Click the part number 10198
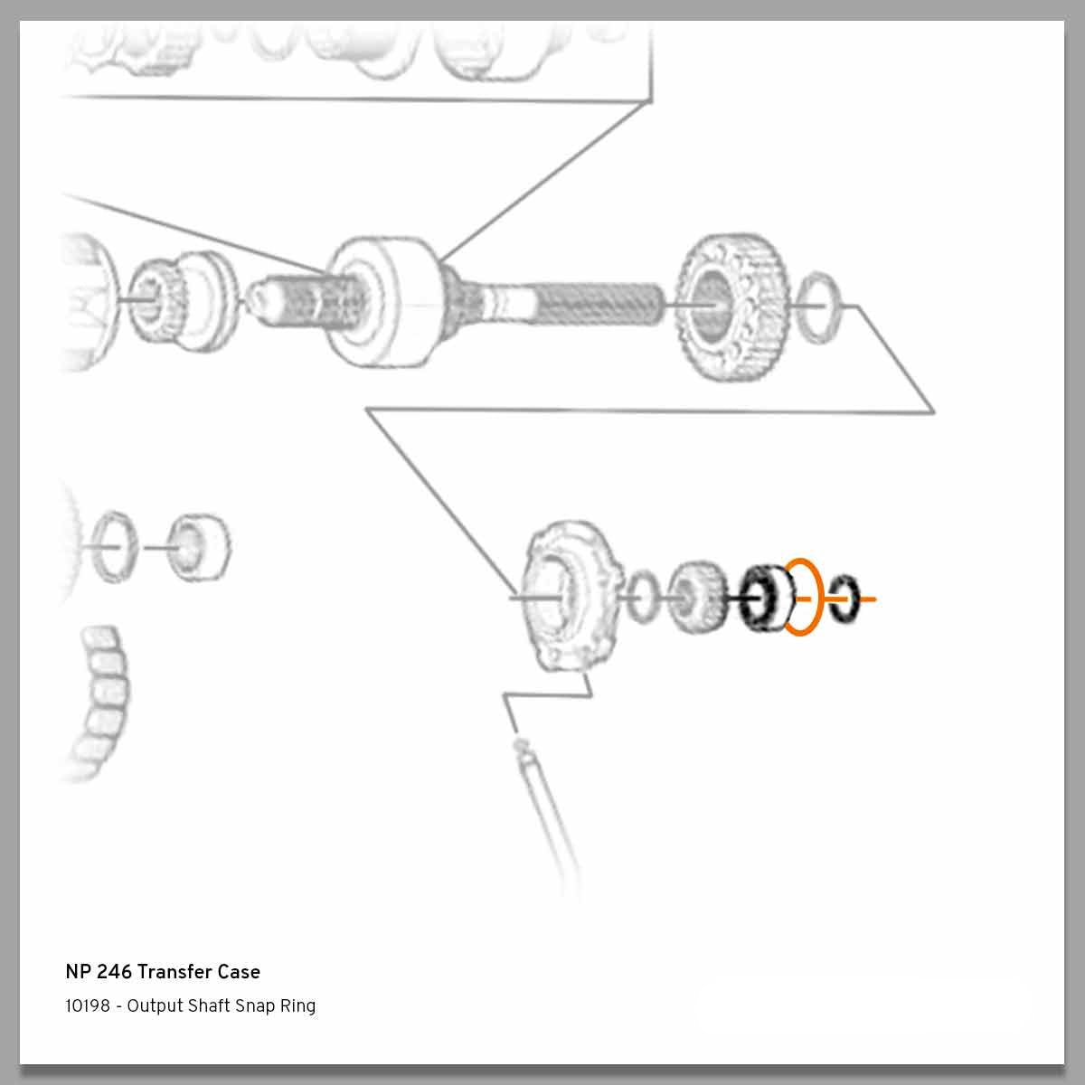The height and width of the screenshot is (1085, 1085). click(87, 1005)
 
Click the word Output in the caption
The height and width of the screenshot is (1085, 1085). click(155, 1005)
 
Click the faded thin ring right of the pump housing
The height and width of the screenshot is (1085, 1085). click(644, 595)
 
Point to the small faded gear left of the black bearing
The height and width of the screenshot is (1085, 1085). click(697, 597)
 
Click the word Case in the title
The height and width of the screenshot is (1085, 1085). click(239, 972)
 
